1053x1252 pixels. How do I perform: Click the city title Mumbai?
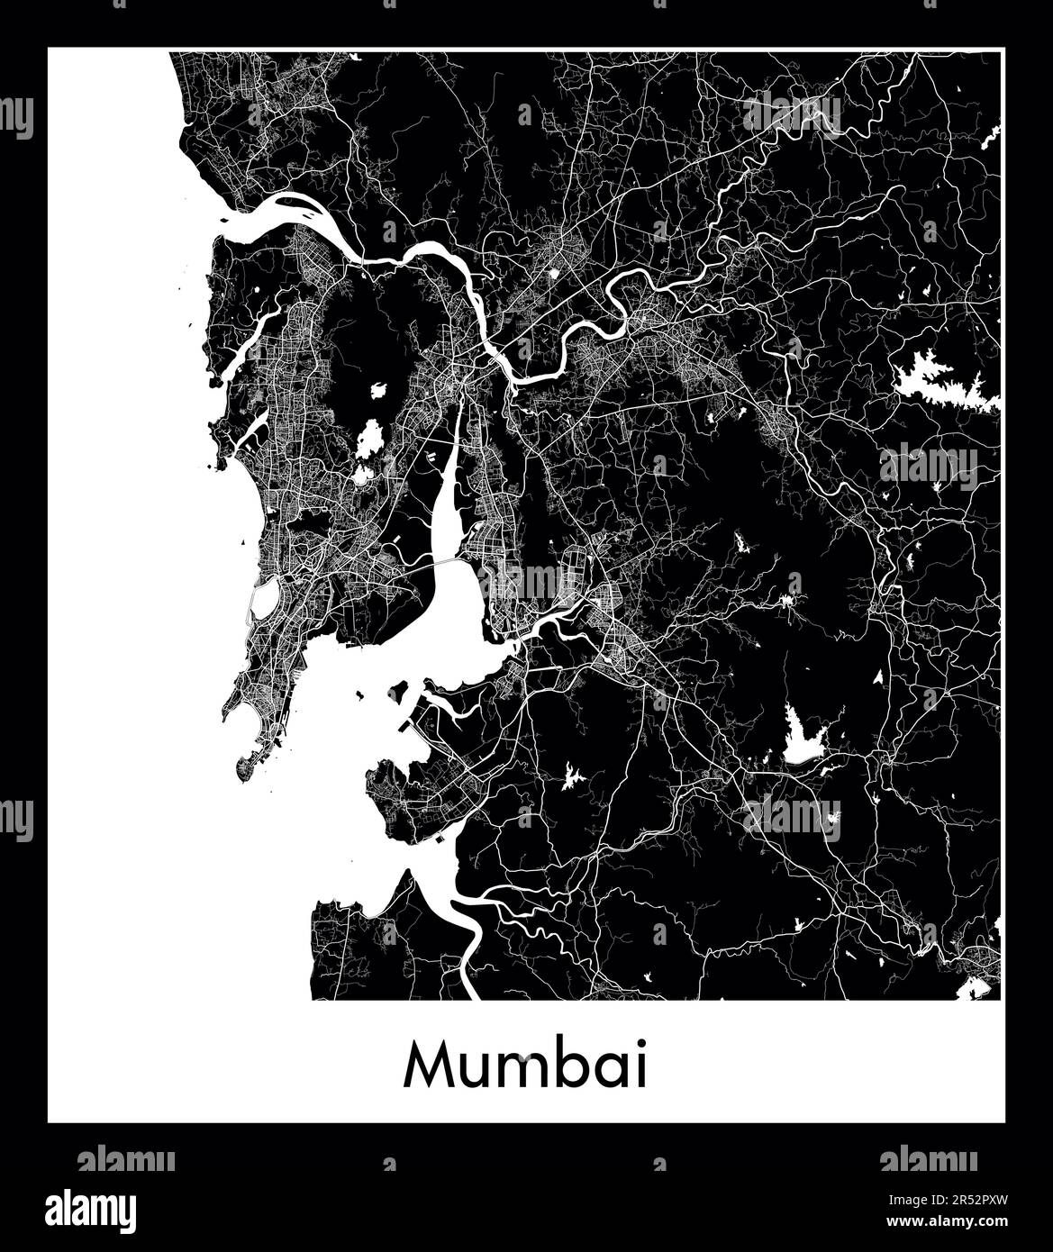coord(526,1066)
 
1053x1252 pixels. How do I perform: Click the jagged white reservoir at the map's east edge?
coord(941,383)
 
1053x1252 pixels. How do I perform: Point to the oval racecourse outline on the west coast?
coord(264,601)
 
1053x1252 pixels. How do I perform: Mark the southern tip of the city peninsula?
coord(243,773)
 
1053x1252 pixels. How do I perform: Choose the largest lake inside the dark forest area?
coord(368,440)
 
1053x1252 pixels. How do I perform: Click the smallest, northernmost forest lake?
coord(378,392)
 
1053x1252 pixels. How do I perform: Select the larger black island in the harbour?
coord(398,692)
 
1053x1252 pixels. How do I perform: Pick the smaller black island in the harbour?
coord(360,694)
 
